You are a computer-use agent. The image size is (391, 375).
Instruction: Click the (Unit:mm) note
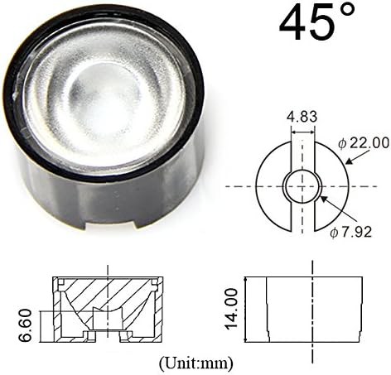pos(194,363)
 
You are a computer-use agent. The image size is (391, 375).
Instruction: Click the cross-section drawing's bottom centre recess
pos(107,334)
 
